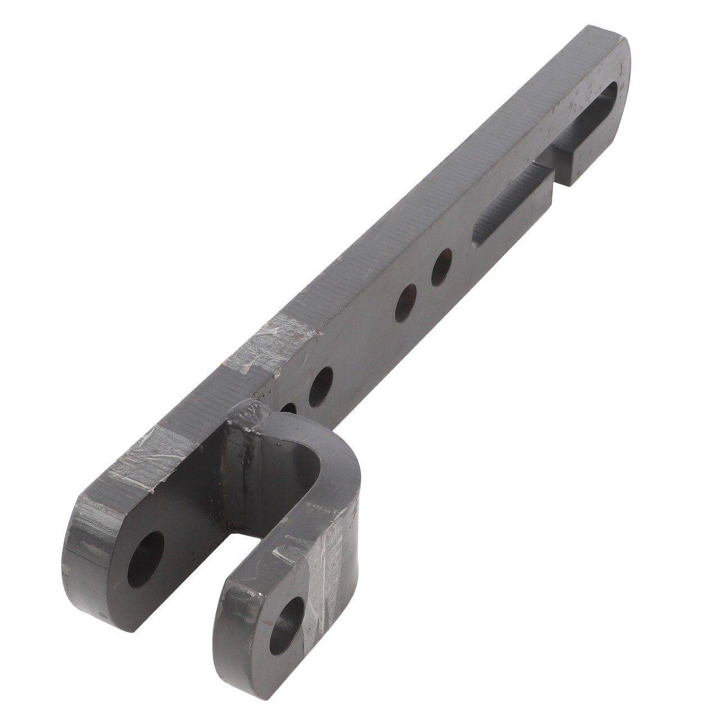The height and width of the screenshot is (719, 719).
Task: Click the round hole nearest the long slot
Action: click(442, 266)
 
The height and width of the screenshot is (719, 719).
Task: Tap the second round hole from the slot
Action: click(406, 303)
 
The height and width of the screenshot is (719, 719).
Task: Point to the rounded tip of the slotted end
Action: click(624, 51)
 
